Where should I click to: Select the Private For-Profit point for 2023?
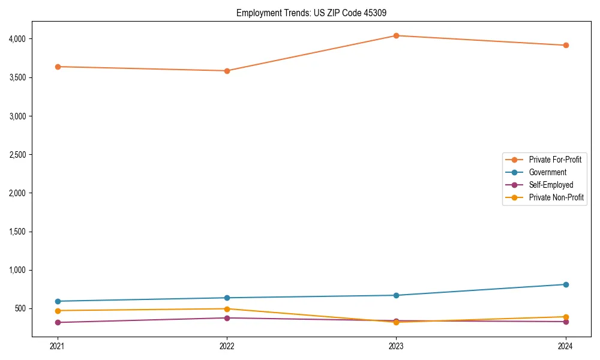click(x=396, y=35)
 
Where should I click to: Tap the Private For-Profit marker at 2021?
click(x=58, y=67)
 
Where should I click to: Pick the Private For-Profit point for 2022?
click(x=227, y=71)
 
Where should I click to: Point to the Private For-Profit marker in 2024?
click(x=565, y=45)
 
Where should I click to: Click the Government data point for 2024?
click(x=565, y=284)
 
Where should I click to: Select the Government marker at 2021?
click(x=58, y=301)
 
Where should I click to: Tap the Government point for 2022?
click(x=227, y=298)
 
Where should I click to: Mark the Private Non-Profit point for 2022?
click(x=227, y=309)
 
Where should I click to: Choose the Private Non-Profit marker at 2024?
click(x=565, y=317)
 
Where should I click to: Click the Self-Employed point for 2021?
click(x=58, y=322)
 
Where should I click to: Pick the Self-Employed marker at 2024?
click(x=565, y=322)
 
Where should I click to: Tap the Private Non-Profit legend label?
click(x=556, y=197)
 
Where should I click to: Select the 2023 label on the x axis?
click(x=396, y=346)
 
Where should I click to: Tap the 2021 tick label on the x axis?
click(x=58, y=346)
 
